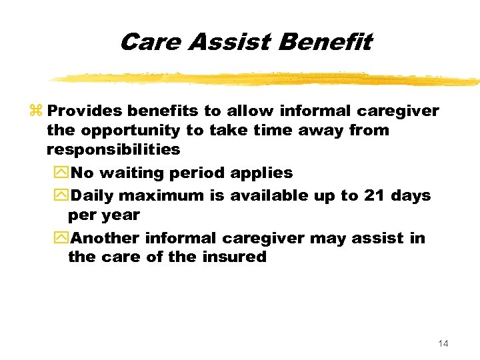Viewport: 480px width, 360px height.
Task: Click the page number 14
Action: pos(443,343)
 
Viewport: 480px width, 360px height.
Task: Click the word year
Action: pos(121,215)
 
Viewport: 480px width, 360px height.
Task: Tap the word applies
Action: pos(261,173)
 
